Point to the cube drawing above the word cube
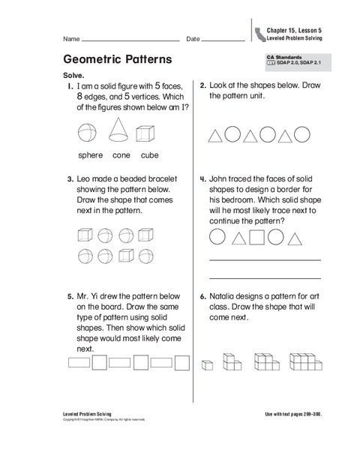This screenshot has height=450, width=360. tap(148, 133)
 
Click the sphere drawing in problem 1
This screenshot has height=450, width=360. tap(88, 133)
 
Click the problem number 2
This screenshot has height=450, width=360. tap(203, 86)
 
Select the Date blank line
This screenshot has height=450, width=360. tap(224, 40)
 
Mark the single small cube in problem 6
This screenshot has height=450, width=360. tap(207, 365)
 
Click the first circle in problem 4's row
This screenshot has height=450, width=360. tap(217, 238)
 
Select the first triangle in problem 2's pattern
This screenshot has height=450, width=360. tap(214, 136)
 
